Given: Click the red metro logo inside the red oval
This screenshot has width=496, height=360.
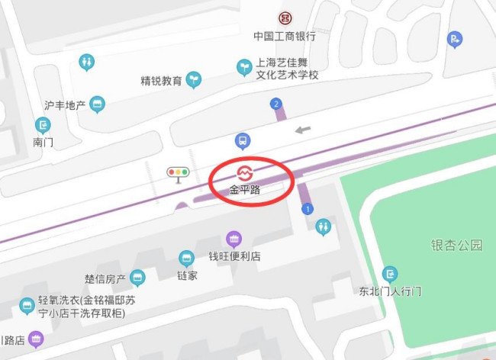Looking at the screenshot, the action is coord(245,172).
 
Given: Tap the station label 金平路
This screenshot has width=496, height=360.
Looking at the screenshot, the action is coord(245,189).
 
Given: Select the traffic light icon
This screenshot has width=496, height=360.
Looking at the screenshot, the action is coord(179,172).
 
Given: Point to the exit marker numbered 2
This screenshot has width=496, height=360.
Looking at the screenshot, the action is coord(275,103).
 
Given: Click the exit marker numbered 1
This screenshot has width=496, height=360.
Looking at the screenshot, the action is coord(308,208).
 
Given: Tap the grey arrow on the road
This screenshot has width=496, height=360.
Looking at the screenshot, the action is coord(304,130).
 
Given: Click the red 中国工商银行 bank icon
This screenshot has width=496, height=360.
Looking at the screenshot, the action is coord(285,18).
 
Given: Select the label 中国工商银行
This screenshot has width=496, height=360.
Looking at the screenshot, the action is coord(285,36).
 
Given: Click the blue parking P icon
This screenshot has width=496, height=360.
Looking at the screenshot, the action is coord(456,39).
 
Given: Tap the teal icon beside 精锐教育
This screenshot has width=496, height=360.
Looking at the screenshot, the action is coord(195,78).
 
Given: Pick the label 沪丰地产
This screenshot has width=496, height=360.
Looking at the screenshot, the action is coord(64,104).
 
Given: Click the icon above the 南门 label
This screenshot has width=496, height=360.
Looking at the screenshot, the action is coord(43,124).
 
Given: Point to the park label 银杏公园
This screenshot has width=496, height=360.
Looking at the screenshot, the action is coord(457,245).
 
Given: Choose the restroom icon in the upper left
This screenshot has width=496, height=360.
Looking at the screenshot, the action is coord(88,60).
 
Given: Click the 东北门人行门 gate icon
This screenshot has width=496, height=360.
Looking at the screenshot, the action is coord(390,273).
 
